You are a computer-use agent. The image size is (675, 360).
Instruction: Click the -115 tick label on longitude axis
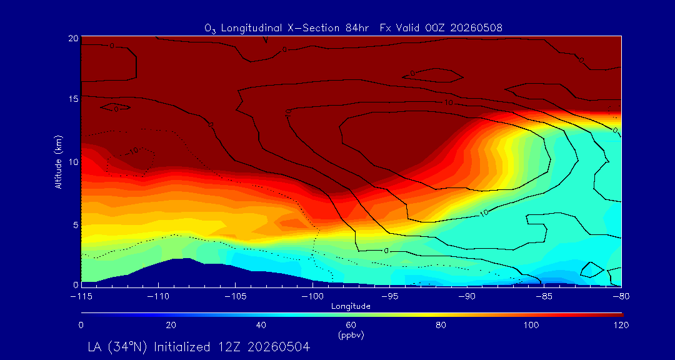(x=81, y=296)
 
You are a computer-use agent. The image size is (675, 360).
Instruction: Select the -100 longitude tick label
(x=312, y=296)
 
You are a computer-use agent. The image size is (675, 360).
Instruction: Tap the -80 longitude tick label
(x=621, y=296)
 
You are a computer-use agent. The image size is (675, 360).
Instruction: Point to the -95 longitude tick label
(x=389, y=296)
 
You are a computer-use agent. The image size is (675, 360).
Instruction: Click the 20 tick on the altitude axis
(x=72, y=38)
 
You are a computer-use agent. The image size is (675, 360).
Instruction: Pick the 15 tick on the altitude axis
(x=72, y=99)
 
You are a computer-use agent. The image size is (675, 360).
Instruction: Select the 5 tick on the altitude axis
(x=75, y=225)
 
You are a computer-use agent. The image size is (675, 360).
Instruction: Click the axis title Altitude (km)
(x=59, y=161)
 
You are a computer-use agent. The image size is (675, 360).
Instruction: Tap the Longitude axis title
(x=351, y=307)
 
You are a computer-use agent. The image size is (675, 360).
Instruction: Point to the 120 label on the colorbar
(x=621, y=325)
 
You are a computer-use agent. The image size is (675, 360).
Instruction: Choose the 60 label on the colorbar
(x=351, y=325)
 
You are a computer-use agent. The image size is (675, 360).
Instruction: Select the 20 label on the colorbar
(x=171, y=325)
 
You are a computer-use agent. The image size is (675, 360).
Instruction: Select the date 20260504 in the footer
(x=280, y=347)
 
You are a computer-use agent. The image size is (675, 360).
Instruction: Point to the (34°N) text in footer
(x=131, y=347)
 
